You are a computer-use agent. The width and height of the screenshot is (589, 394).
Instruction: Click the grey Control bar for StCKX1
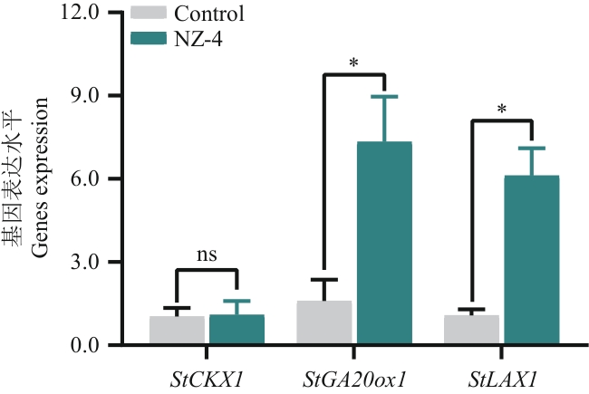click(x=177, y=331)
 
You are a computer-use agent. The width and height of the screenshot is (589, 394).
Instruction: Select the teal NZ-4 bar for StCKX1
click(x=237, y=330)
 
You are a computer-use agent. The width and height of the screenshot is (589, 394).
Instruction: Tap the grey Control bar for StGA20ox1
click(x=324, y=322)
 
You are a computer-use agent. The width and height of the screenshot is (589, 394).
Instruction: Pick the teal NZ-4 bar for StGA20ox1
click(x=384, y=244)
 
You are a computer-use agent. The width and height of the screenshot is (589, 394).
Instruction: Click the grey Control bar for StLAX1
click(x=472, y=330)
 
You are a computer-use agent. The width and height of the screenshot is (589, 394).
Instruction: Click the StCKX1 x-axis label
click(x=207, y=374)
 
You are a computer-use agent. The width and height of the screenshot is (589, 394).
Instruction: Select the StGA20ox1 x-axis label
click(x=354, y=374)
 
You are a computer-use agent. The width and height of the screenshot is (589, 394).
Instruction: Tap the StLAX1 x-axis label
click(x=502, y=374)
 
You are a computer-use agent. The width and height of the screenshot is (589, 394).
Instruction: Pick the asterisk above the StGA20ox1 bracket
click(x=353, y=64)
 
